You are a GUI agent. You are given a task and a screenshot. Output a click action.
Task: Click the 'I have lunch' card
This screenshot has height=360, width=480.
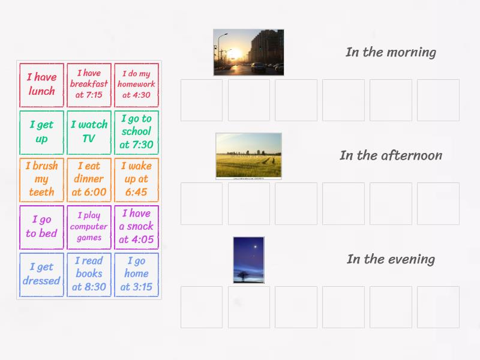pos(41,85)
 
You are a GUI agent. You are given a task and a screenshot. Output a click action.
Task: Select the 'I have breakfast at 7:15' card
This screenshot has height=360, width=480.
pos(89,85)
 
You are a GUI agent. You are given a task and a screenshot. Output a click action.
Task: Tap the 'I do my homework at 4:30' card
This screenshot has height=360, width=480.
pos(136,85)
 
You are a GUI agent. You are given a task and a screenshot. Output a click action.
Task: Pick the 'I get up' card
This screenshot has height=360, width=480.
pos(41,132)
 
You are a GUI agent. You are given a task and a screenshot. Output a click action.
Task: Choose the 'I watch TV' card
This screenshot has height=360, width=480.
pos(89,132)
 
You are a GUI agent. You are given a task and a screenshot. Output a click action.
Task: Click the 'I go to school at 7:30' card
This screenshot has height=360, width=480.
pos(136,132)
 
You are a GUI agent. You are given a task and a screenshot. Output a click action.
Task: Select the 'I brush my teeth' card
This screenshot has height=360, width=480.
pos(41,179)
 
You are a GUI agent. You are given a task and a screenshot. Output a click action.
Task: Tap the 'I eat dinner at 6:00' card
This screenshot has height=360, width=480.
pos(89,179)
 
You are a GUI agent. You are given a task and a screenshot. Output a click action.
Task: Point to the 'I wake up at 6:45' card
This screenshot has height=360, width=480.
pos(136,179)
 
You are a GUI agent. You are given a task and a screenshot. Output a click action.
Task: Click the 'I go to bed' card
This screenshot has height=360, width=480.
pos(41,227)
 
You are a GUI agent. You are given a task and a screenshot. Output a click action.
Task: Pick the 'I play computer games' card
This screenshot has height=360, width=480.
pos(89,227)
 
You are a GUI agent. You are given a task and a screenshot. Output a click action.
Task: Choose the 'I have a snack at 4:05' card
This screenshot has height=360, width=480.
pos(136,227)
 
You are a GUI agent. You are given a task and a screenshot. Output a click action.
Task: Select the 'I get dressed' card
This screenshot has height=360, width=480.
pos(41,274)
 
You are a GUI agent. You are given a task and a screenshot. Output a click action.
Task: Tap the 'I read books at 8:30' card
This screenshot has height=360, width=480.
pos(89,274)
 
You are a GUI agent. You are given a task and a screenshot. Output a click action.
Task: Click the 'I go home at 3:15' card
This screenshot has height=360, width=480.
pos(136,274)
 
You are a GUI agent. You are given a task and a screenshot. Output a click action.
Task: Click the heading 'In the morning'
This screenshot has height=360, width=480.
pos(391,52)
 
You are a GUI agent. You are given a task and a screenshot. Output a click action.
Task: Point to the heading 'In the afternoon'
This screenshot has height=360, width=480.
pos(391,155)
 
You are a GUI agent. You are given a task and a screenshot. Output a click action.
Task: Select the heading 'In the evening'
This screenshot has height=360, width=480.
pos(391,259)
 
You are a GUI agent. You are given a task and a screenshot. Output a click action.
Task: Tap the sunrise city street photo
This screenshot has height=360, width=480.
pos(248,52)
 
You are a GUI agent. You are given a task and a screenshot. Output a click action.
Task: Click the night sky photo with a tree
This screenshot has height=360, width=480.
pos(248,259)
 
